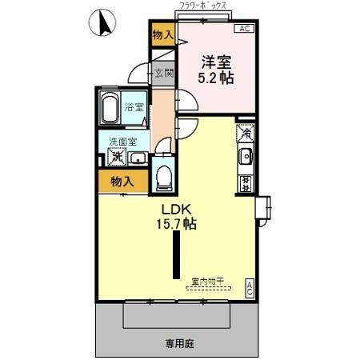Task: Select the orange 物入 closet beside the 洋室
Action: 162,36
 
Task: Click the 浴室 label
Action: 134,106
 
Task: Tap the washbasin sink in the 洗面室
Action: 138,157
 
